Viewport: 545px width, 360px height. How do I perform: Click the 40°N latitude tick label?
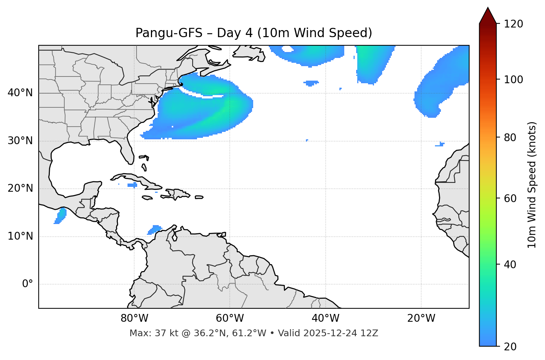[x=20, y=93]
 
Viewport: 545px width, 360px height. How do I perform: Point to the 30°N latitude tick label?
[x=20, y=141]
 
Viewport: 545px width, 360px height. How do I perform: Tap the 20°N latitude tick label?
[x=20, y=188]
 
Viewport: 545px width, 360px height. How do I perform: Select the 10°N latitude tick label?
[x=20, y=236]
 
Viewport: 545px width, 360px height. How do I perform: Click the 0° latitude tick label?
[x=27, y=284]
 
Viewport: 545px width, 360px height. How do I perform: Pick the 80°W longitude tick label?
[x=134, y=318]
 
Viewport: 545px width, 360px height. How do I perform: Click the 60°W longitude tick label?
[x=230, y=318]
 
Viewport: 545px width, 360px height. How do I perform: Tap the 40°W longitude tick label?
[x=325, y=318]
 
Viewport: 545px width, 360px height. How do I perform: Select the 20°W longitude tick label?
[x=421, y=318]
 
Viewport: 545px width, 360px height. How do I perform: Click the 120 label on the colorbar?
[x=513, y=24]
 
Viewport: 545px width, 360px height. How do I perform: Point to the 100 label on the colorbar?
[x=513, y=80]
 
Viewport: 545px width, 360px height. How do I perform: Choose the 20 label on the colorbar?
[x=510, y=347]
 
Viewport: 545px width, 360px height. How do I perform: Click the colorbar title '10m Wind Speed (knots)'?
[x=532, y=185]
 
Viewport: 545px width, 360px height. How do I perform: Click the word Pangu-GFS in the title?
[x=169, y=33]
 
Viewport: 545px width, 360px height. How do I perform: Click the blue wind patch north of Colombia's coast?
[x=155, y=230]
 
